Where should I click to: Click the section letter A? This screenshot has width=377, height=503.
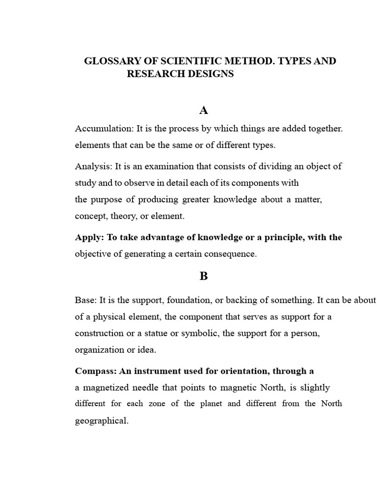click(204, 110)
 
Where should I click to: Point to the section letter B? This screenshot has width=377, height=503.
click(204, 276)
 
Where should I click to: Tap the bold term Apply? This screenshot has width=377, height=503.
click(88, 237)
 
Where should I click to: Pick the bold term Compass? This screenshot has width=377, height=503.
click(95, 371)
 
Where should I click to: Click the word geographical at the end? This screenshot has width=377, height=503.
click(101, 421)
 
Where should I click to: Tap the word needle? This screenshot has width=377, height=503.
click(147, 388)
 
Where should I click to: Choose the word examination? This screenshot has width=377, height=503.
click(160, 167)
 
